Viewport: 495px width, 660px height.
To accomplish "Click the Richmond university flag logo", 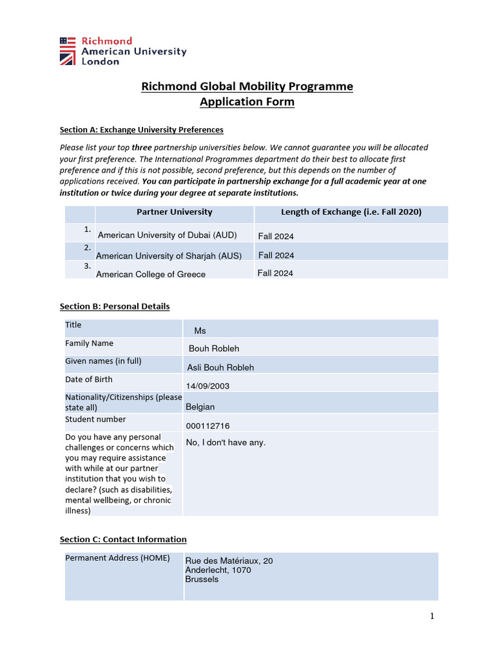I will point(67,51).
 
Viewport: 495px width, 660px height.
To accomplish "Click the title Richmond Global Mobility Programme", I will point(247,86).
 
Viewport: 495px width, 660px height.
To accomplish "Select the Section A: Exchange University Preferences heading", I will point(141,130).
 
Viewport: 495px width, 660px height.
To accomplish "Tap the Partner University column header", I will point(174,212).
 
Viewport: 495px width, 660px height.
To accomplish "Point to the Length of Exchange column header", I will point(351,212).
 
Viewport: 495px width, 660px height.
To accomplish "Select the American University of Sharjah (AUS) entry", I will point(169,256).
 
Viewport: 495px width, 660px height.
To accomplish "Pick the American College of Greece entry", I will point(151,274).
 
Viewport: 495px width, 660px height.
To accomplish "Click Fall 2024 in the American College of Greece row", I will point(275,273).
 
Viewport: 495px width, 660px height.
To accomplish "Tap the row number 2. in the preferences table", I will point(87,247).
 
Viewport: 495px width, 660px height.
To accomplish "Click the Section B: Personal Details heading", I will point(115,306).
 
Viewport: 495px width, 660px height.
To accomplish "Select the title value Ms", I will point(200,331).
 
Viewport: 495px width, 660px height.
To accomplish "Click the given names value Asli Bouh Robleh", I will point(220,367).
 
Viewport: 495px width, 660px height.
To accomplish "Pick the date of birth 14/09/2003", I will point(208,386).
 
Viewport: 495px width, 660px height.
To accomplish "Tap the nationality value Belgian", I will point(200,407).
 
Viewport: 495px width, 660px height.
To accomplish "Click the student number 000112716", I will point(208,426).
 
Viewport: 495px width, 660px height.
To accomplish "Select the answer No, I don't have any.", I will point(226,442).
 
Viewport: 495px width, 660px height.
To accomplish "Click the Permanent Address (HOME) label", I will point(117,558).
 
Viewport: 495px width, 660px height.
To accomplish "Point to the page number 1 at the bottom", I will point(432,616).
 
